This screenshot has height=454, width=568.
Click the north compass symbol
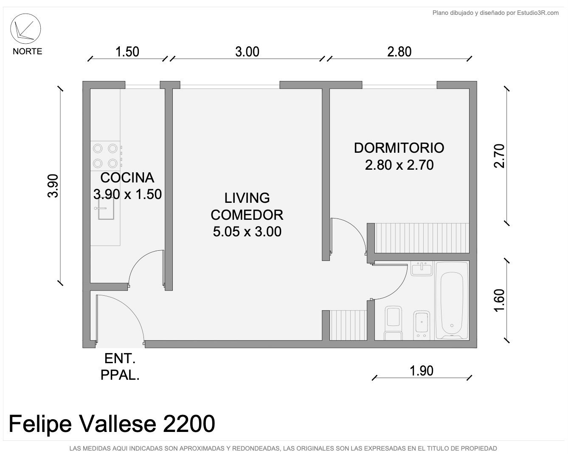tap(25, 29)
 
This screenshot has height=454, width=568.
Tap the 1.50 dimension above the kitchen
tap(127, 52)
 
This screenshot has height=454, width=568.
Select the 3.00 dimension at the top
tap(247, 52)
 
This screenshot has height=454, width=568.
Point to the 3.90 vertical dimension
tap(53, 186)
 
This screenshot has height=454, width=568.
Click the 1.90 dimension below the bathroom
tap(422, 371)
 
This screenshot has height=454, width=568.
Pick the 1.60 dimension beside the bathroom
tap(499, 300)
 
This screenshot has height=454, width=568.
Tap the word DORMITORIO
tap(399, 148)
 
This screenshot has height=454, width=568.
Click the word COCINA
tap(127, 177)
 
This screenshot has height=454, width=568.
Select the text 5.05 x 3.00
tap(247, 232)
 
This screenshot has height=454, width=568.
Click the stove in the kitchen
tap(106, 156)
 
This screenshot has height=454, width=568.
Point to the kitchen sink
tap(105, 208)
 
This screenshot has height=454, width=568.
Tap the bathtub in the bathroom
tap(452, 300)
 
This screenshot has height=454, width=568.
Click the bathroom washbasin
tap(422, 269)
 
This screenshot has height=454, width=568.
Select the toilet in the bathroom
tap(394, 323)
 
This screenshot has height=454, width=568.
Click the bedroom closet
tap(422, 238)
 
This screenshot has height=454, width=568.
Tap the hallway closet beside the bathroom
tap(348, 325)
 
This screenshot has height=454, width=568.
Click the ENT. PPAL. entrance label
tap(120, 367)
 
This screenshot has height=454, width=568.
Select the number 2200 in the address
tap(189, 424)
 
